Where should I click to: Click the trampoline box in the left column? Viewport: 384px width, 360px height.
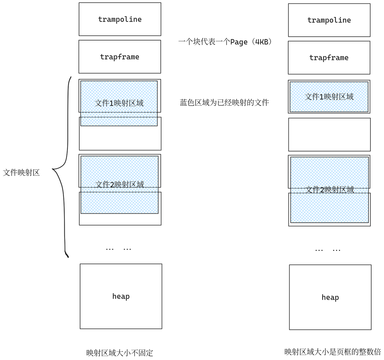pos(120,19)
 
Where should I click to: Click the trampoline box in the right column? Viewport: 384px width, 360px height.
pos(329,20)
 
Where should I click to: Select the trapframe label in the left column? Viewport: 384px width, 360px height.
pos(119,57)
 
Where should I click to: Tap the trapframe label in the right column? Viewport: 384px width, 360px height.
pos(329,58)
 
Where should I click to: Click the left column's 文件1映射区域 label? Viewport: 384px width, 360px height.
pos(119,103)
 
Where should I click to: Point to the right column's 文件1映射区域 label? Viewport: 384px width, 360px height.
pos(329,97)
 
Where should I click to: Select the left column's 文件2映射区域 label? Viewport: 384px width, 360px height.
pos(119,184)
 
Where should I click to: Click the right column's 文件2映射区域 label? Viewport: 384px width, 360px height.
pos(330,190)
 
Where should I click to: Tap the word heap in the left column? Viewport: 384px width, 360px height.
pos(121,296)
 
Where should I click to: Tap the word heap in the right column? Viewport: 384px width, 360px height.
pos(330,297)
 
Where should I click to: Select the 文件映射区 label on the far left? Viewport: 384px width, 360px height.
pos(21,173)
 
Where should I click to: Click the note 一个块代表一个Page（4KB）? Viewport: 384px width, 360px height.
pos(225,42)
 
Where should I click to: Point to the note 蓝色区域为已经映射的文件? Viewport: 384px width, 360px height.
pos(224,102)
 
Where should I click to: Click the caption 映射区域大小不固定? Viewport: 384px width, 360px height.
pos(119,353)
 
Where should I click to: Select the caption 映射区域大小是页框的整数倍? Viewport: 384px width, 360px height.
pos(333,352)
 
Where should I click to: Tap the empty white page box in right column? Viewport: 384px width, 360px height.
pos(329,134)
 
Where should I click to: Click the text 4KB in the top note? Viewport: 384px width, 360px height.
pos(262,42)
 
